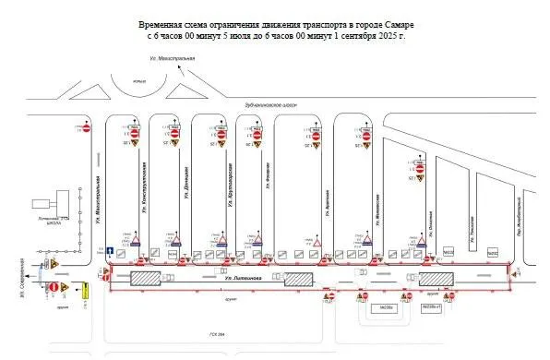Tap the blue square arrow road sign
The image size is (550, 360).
[109, 250]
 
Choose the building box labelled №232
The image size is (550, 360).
[448, 250]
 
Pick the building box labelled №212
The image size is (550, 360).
[492, 250]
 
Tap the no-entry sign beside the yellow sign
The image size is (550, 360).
[54, 288]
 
